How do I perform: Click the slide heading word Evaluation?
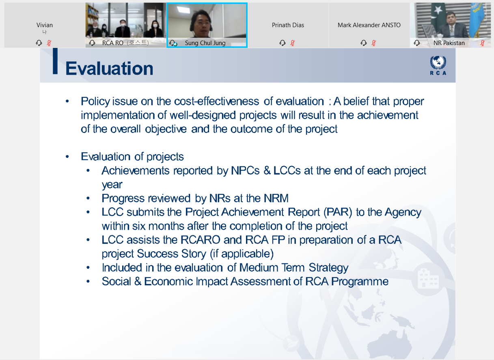(109, 68)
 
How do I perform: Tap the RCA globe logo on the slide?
(438, 65)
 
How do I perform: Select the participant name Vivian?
(45, 25)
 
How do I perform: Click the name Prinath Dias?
(288, 25)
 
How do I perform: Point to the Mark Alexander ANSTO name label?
(369, 25)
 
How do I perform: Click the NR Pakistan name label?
(449, 43)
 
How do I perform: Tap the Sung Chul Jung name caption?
(205, 43)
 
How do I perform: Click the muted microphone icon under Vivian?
(49, 43)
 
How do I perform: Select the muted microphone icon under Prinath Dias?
(292, 43)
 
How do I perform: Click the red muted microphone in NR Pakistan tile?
(482, 43)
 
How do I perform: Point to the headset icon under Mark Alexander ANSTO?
(363, 43)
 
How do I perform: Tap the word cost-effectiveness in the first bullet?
(216, 101)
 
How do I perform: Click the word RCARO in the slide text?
(200, 239)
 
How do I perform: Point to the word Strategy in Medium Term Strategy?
(328, 268)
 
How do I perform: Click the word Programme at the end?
(360, 282)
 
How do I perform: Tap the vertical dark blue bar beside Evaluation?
(55, 61)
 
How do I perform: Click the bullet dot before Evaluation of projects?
(67, 157)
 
